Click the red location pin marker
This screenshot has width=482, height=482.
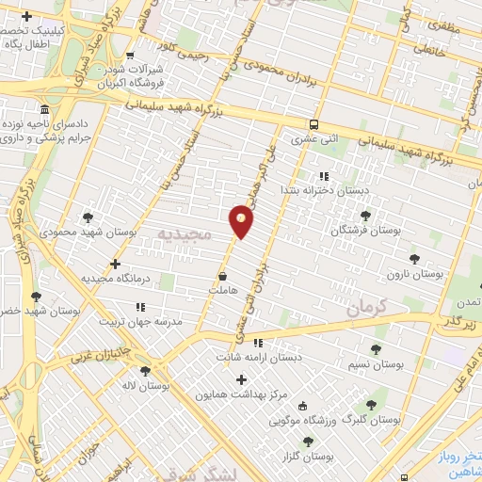click(x=242, y=221)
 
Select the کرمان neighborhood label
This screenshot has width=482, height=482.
click(x=366, y=307)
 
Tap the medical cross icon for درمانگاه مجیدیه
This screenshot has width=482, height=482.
click(x=115, y=264)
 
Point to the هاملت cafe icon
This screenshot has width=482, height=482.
click(x=222, y=277)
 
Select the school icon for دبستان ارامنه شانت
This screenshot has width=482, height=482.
click(x=257, y=343)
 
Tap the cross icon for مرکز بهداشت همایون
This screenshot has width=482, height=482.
click(x=241, y=379)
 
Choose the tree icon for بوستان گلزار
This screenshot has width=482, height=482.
click(x=308, y=441)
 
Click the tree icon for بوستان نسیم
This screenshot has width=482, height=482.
click(x=376, y=348)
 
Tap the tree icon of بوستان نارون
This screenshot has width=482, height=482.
click(x=413, y=258)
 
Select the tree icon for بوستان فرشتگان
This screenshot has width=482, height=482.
click(x=365, y=216)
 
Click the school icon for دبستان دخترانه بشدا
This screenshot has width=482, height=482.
click(x=324, y=175)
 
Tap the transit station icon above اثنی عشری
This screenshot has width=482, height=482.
click(x=313, y=123)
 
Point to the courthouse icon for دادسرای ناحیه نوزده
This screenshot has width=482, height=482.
click(x=44, y=109)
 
